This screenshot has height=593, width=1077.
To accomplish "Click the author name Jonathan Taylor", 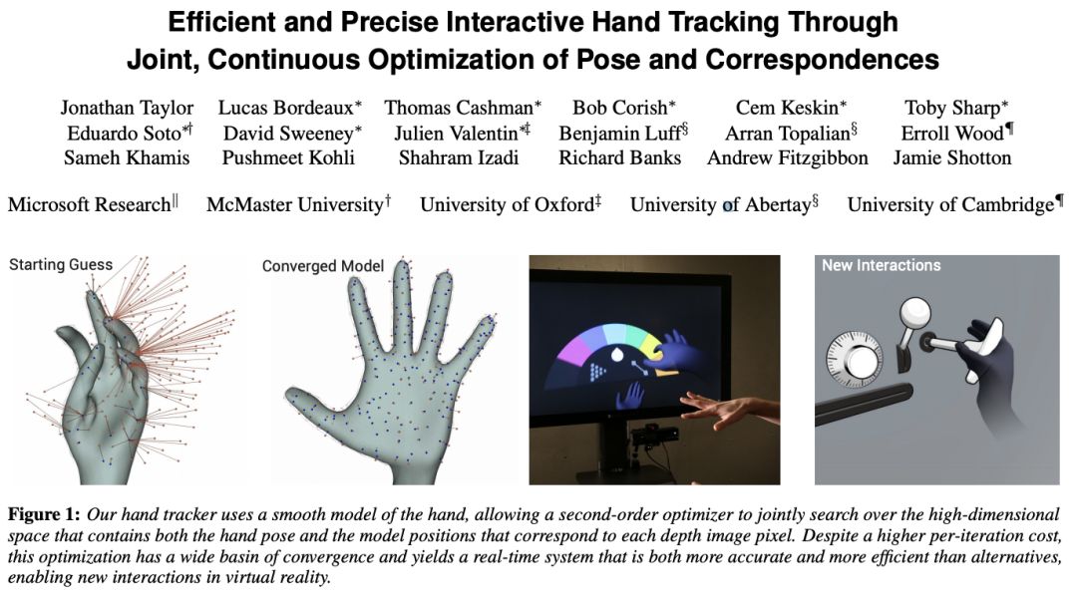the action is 127,108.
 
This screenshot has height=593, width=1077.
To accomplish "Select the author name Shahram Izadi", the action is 459,157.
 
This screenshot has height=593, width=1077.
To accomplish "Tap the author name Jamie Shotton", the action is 952,157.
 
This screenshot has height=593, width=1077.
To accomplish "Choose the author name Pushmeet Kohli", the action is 288,157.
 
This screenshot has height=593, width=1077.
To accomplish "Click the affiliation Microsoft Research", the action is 90,204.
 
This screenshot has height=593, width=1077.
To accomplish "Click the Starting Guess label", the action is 61,265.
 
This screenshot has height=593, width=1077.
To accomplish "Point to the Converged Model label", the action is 323,266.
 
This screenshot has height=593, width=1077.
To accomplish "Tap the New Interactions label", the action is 882,266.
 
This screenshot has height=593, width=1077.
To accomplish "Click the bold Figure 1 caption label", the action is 44,514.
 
